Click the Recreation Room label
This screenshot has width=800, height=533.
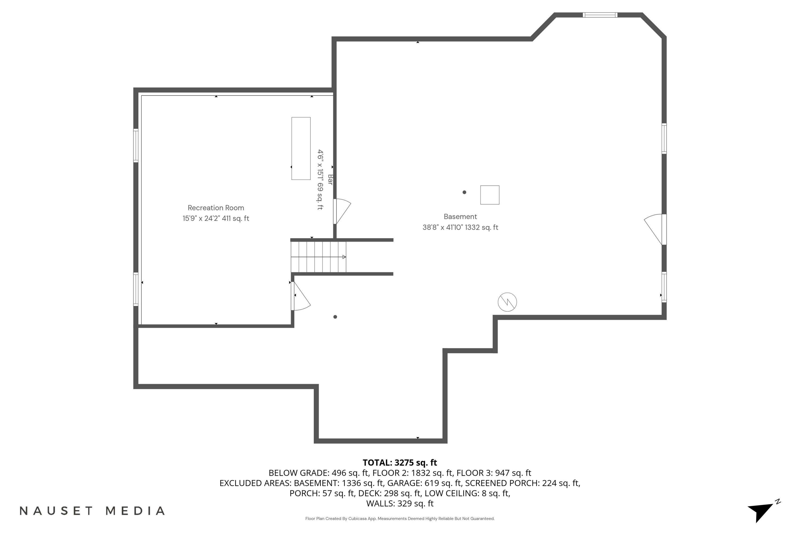[216, 208]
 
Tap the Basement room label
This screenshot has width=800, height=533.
[460, 216]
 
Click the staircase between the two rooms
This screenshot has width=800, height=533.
[318, 257]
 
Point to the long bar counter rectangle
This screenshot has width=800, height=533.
[301, 148]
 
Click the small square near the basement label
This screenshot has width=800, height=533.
[490, 195]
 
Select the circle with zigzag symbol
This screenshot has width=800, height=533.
[507, 302]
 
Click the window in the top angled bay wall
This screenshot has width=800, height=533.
[600, 15]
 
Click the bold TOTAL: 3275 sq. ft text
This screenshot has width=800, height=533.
[400, 463]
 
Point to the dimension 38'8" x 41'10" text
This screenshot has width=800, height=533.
[460, 227]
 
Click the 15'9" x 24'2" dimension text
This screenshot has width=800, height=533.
[216, 219]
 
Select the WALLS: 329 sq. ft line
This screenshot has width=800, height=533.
[400, 503]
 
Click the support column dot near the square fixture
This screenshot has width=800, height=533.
[464, 192]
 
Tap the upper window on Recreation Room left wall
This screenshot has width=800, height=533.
[136, 146]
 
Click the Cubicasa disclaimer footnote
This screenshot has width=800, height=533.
[400, 518]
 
